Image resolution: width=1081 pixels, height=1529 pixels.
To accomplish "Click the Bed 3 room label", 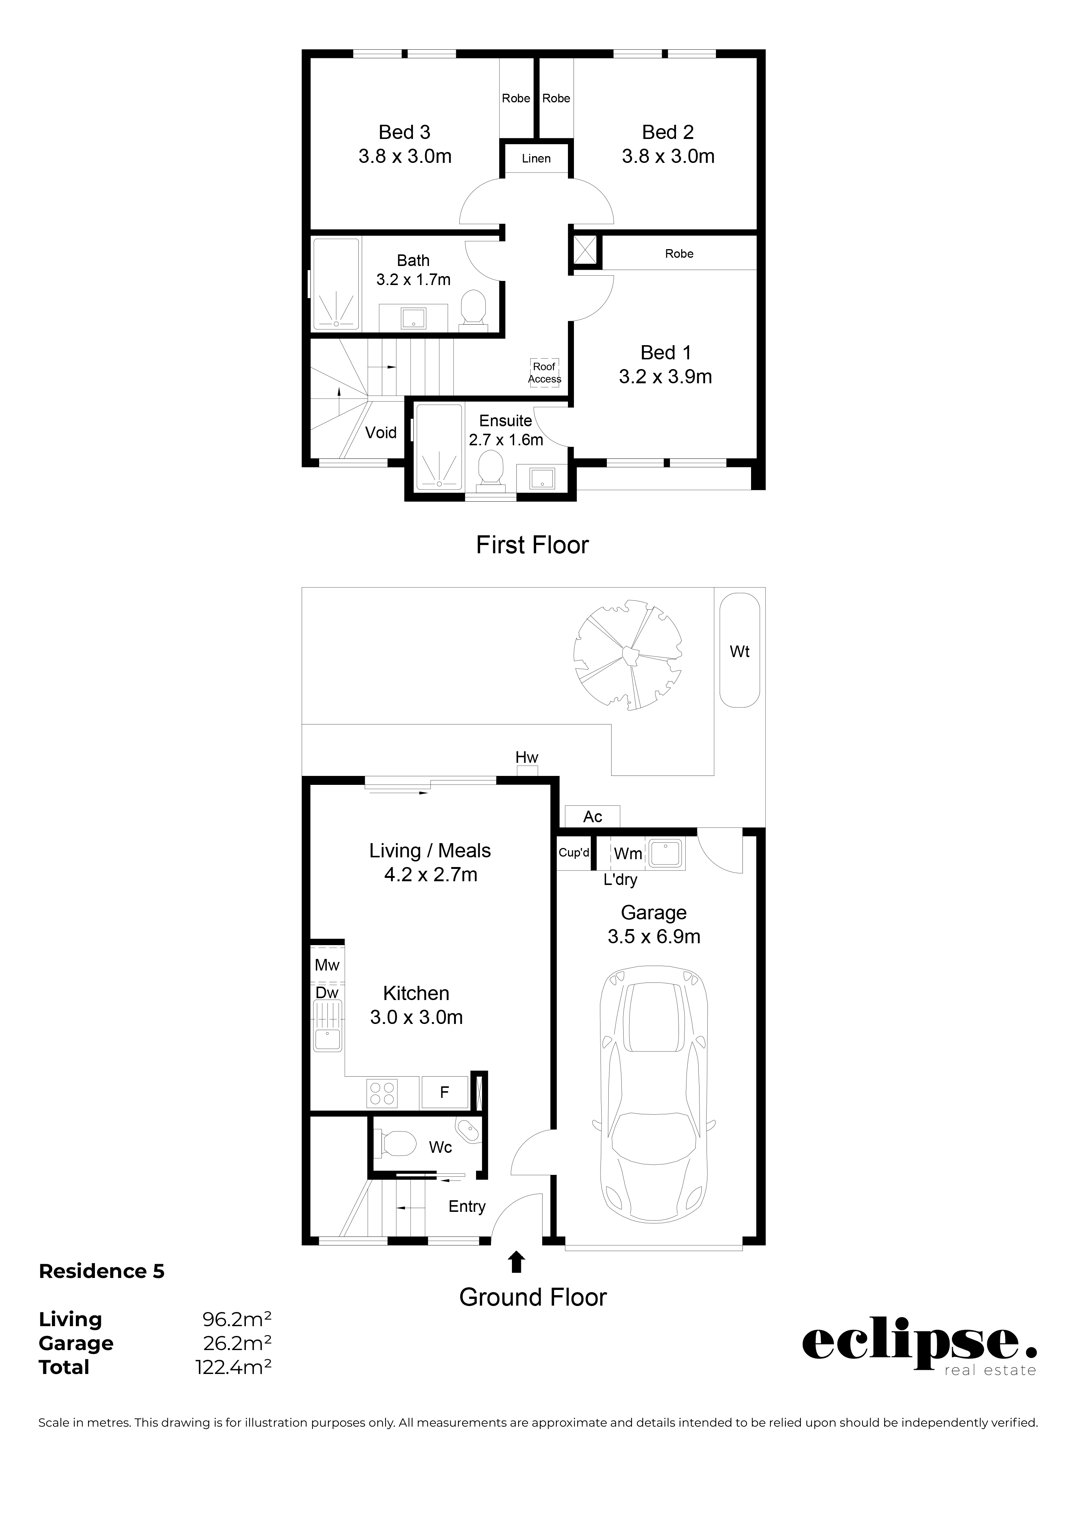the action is click(405, 133).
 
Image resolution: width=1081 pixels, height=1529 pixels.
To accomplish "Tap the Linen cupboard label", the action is click(536, 158).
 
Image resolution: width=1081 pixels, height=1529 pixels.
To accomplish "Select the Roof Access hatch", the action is click(544, 373).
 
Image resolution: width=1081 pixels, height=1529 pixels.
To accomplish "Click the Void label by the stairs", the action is click(381, 433).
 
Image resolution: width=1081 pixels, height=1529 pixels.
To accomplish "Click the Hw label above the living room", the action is click(527, 757).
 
